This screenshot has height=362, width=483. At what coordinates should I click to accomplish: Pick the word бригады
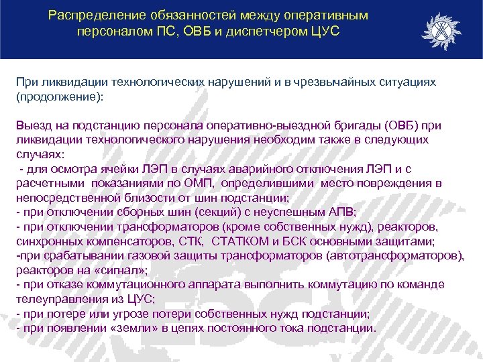[x=356, y=127]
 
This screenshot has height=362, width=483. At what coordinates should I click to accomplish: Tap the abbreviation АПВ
[x=317, y=213]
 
